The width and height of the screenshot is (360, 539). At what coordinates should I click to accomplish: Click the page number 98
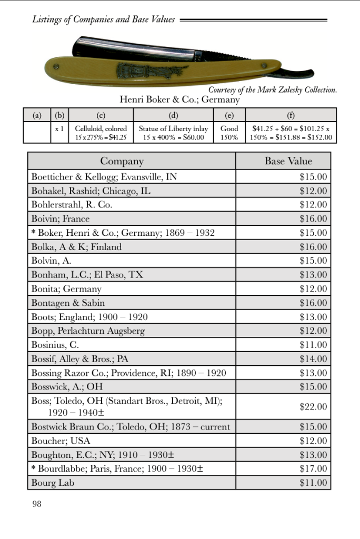36,504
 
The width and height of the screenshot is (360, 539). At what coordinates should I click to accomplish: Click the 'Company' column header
122,161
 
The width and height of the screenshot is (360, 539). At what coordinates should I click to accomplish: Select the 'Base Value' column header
288,161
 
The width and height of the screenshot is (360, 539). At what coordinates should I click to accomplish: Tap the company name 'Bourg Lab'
53,482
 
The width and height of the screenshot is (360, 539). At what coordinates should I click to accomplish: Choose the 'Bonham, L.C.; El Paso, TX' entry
87,275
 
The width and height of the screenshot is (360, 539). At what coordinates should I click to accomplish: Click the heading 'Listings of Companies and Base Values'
103,19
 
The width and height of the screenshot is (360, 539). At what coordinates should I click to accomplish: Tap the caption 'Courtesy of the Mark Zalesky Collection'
272,90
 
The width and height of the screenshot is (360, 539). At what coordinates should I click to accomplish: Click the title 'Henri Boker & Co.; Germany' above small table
179,99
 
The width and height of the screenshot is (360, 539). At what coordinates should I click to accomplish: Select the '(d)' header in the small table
173,115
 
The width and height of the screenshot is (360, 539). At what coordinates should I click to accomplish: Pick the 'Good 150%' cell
229,132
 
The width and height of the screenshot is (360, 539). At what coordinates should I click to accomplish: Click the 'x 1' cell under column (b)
59,128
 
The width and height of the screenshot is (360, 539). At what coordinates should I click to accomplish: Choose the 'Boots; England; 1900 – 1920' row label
89,317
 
